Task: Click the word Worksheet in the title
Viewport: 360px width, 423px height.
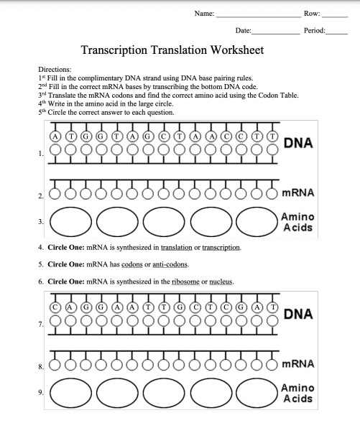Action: click(x=237, y=50)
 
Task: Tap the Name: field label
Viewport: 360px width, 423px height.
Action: click(x=204, y=14)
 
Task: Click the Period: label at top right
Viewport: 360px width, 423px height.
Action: click(x=315, y=30)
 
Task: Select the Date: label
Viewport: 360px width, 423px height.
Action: click(x=243, y=30)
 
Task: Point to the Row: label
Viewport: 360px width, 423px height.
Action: click(x=312, y=14)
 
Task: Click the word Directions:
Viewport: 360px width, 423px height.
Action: click(x=55, y=70)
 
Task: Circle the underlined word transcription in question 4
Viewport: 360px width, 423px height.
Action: click(x=221, y=248)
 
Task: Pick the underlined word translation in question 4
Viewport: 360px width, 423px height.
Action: click(x=177, y=248)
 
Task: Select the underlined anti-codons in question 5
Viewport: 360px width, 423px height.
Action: click(x=170, y=264)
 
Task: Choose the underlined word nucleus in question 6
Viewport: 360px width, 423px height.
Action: click(x=221, y=282)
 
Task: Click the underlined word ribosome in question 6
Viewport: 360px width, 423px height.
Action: click(x=185, y=282)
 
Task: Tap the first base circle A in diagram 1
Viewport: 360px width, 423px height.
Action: click(x=55, y=136)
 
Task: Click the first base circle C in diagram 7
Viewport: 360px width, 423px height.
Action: click(x=55, y=307)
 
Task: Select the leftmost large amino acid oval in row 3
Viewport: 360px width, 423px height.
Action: click(x=70, y=222)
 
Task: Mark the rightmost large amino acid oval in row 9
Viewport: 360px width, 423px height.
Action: click(x=257, y=393)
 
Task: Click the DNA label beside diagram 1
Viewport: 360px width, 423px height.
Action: click(x=298, y=143)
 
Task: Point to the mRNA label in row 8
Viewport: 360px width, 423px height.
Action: click(x=298, y=364)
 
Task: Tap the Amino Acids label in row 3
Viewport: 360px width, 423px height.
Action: click(x=297, y=222)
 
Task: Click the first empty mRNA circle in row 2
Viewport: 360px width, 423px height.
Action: click(x=55, y=194)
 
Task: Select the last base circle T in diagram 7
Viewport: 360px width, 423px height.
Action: click(x=273, y=307)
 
